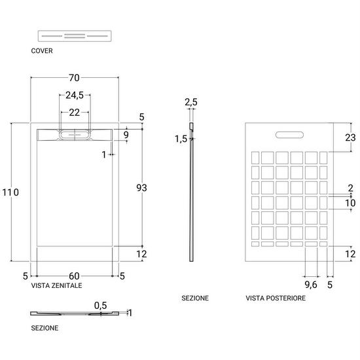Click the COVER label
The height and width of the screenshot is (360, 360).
coord(42,51)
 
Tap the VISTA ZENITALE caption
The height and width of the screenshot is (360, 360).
coord(56,285)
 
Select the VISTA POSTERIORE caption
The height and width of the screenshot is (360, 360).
coord(276,298)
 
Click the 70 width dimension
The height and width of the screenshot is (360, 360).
coord(74,78)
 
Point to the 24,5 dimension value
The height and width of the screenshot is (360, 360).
coord(75,95)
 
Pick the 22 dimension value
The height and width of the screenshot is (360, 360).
coord(75,113)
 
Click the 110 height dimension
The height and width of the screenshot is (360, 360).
coord(10,192)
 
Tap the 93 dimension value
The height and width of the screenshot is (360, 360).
coord(141,188)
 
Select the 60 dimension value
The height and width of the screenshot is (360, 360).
coord(74,276)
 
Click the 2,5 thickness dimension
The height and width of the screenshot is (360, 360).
coord(191,102)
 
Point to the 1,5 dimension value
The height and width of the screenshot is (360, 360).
coord(181,139)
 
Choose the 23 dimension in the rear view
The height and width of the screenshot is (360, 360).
coord(350,137)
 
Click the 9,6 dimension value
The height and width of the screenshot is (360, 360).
coord(311,285)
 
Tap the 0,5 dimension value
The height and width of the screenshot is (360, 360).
coord(101,306)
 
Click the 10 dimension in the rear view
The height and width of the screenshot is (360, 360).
coord(350,203)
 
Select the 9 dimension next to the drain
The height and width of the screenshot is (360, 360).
coord(126,135)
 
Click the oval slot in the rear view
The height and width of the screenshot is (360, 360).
coord(289,135)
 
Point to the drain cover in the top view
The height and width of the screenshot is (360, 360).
coord(75,135)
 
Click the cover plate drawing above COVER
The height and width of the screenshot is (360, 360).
coord(75,36)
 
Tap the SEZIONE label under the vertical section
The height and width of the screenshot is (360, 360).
coord(195,298)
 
